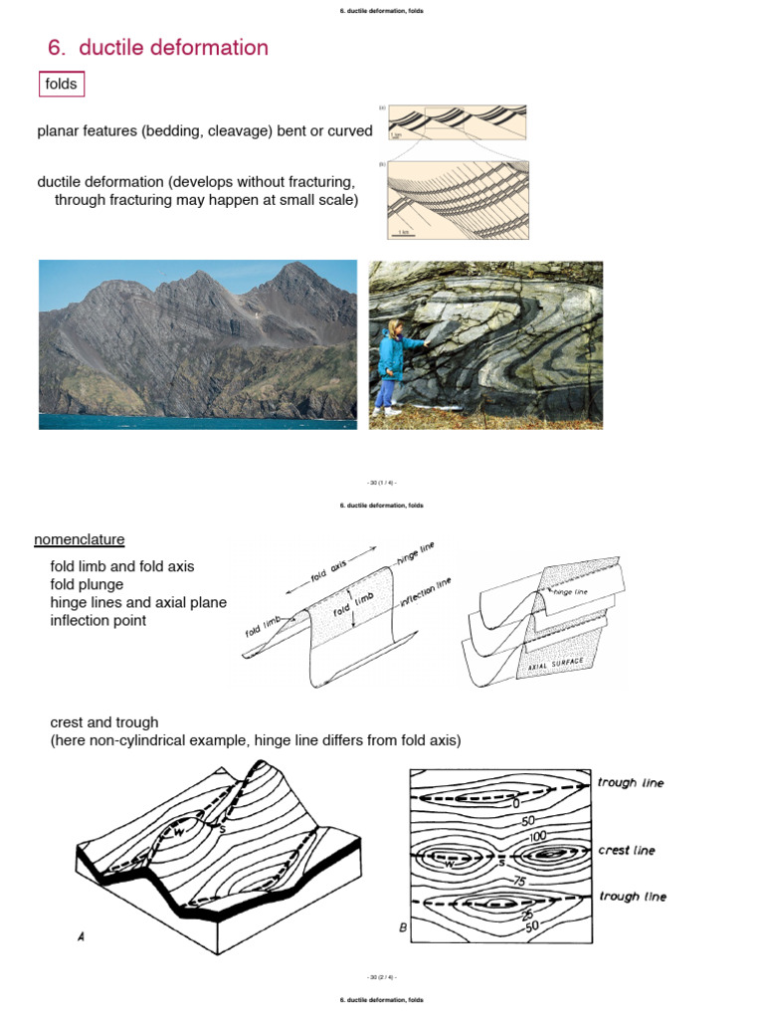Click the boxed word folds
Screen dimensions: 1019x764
pyautogui.click(x=61, y=85)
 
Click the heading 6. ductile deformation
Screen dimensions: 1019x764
pyautogui.click(x=158, y=48)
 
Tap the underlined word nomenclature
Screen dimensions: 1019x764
pyautogui.click(x=80, y=539)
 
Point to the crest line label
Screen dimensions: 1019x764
pyautogui.click(x=627, y=851)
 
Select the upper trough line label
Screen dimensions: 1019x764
pyautogui.click(x=631, y=783)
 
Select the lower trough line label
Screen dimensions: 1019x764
pyautogui.click(x=633, y=897)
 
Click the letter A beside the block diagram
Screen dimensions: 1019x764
pyautogui.click(x=80, y=936)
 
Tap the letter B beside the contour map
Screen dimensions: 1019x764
pyautogui.click(x=403, y=927)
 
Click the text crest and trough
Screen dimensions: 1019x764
pyautogui.click(x=104, y=721)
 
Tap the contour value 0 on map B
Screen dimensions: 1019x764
pyautogui.click(x=516, y=802)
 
